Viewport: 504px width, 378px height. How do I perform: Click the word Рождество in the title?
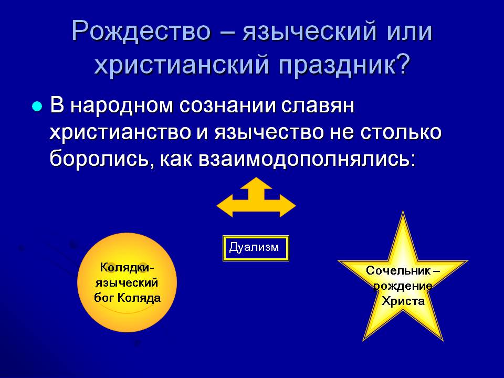[141, 31]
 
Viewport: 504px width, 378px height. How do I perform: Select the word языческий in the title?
[309, 31]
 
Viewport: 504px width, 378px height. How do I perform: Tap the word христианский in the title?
[182, 65]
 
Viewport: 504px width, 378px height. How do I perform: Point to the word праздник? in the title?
[344, 65]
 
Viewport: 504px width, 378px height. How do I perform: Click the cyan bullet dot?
[37, 107]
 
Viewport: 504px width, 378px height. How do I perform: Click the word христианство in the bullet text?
[120, 132]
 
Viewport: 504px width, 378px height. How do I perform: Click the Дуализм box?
[256, 248]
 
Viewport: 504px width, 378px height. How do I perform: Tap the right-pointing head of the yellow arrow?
[288, 205]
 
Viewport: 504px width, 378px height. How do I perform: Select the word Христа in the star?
[403, 301]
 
